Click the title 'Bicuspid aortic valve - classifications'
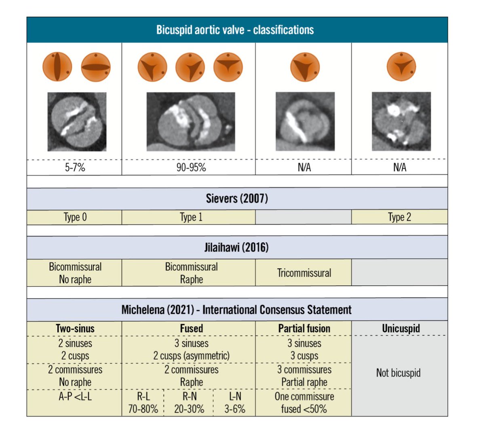click(x=235, y=30)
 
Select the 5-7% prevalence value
click(x=75, y=167)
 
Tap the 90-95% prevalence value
click(x=191, y=167)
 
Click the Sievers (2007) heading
click(x=237, y=199)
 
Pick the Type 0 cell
click(x=75, y=217)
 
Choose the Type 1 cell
click(x=191, y=217)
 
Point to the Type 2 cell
click(x=399, y=217)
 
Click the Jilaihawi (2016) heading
click(x=236, y=247)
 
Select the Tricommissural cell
click(x=304, y=273)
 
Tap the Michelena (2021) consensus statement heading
click(x=236, y=310)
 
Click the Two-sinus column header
click(x=75, y=328)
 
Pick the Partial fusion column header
click(x=304, y=328)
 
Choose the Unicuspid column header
click(x=401, y=328)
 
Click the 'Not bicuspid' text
click(x=398, y=373)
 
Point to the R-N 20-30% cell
click(x=189, y=403)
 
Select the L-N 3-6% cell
click(x=235, y=403)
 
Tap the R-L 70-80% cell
click(x=143, y=403)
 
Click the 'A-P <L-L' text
click(x=75, y=396)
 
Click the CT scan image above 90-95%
click(x=191, y=121)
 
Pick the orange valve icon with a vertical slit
click(x=57, y=67)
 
